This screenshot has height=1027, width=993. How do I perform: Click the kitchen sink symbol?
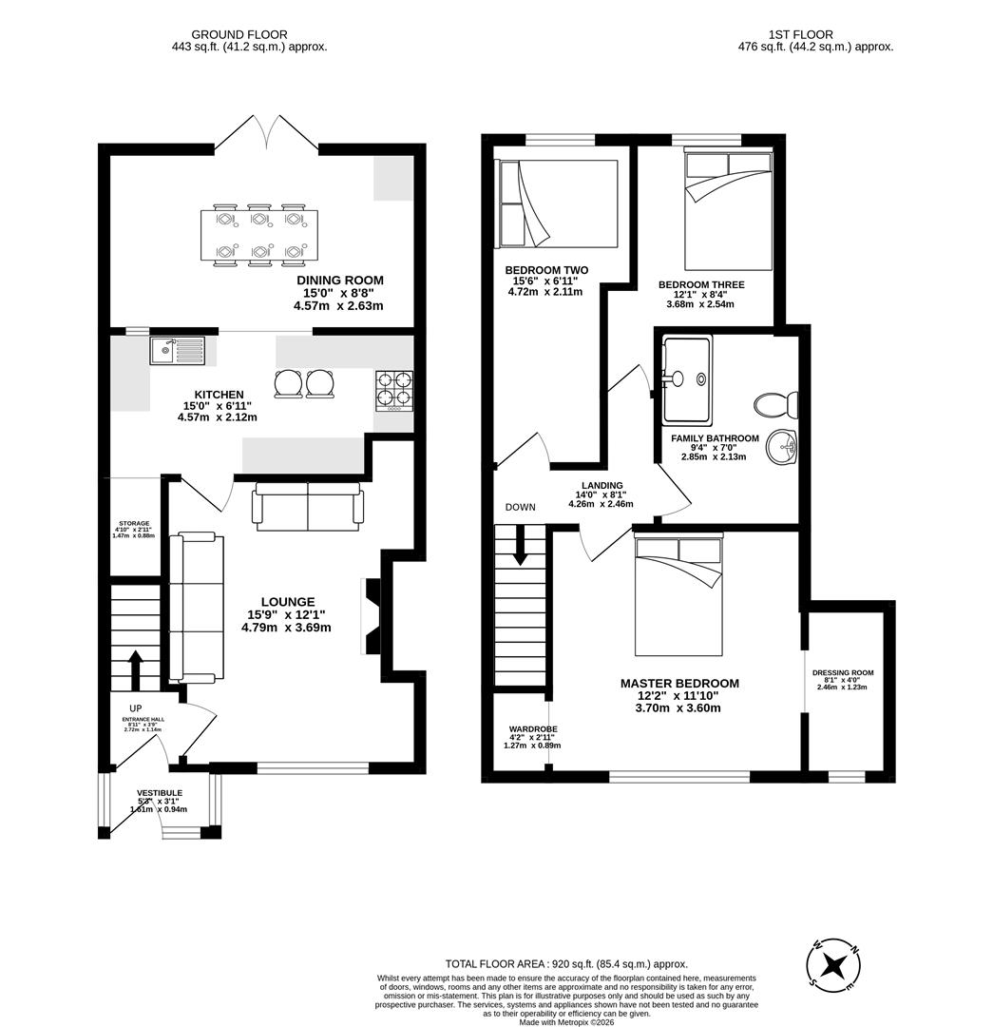pyautogui.click(x=177, y=351)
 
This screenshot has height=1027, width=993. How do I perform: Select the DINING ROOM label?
pyautogui.click(x=340, y=280)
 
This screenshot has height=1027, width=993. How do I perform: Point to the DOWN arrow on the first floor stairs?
pyautogui.click(x=520, y=548)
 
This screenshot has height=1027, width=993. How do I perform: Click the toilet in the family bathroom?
pyautogui.click(x=774, y=405)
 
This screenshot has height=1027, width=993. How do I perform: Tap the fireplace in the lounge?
pyautogui.click(x=371, y=616)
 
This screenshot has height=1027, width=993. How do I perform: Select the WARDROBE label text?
pyautogui.click(x=532, y=729)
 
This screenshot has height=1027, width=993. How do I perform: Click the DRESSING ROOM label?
pyautogui.click(x=842, y=672)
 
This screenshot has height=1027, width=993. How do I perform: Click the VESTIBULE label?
pyautogui.click(x=159, y=793)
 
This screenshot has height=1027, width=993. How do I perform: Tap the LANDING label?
pyautogui.click(x=602, y=485)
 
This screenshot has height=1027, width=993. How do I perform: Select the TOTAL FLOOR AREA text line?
pyautogui.click(x=565, y=963)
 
